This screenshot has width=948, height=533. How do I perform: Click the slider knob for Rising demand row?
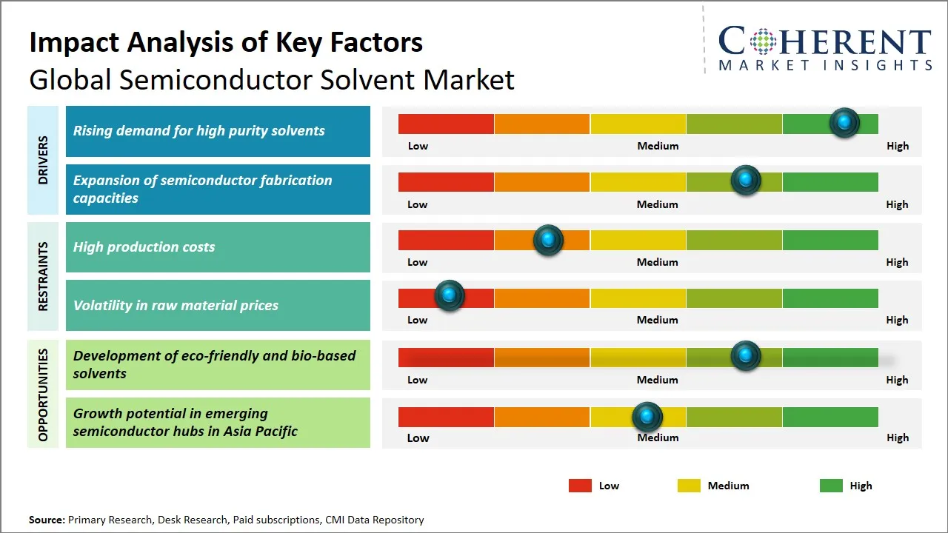click(844, 123)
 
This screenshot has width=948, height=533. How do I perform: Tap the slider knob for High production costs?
click(548, 240)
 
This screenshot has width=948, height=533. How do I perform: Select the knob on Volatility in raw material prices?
click(449, 295)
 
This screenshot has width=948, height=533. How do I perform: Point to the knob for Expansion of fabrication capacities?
click(746, 181)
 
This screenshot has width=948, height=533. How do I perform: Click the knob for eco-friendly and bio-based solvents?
click(746, 356)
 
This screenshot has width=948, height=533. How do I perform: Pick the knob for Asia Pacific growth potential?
click(648, 417)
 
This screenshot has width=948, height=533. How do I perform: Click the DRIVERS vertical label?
click(43, 160)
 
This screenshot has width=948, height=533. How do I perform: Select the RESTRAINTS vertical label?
click(43, 276)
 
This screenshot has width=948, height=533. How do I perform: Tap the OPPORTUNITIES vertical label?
click(43, 395)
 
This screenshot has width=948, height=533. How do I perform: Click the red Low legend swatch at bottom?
click(580, 486)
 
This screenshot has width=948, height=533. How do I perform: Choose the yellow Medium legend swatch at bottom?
click(689, 486)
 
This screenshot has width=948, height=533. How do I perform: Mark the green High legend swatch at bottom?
click(831, 486)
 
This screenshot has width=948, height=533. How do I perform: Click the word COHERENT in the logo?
click(825, 42)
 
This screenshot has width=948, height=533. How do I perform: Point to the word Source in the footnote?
click(47, 520)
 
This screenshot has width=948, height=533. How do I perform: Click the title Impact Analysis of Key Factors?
click(226, 42)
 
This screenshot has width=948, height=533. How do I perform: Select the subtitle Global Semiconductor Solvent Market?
click(272, 79)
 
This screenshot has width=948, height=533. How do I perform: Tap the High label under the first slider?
click(898, 146)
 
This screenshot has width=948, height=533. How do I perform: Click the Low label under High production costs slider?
click(418, 262)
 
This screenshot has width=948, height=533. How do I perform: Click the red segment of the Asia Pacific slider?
click(446, 417)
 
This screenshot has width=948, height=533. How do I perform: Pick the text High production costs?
click(144, 247)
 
